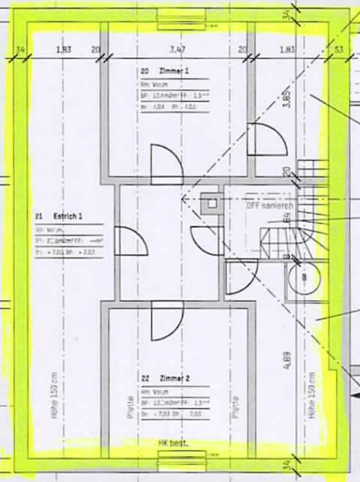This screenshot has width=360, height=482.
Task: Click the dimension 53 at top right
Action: point(339,49)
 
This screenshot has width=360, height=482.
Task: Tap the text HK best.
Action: point(172,443)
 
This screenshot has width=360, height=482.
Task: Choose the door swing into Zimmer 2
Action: point(166,321)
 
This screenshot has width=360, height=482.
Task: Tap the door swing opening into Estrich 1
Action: point(129,241)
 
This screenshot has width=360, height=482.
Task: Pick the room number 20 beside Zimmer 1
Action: point(145,71)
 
